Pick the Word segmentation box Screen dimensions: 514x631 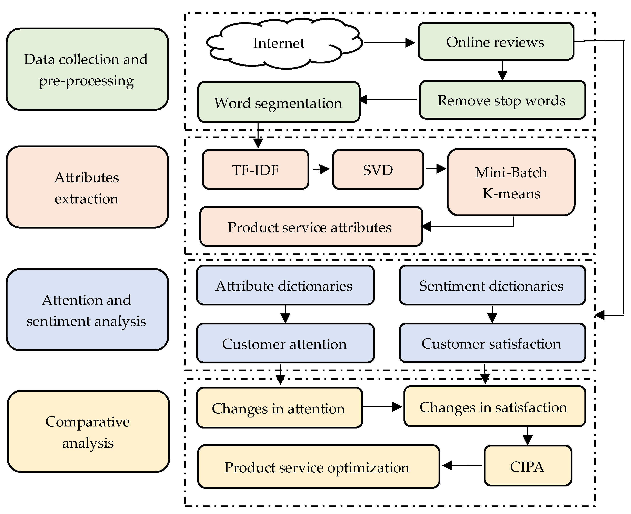278,102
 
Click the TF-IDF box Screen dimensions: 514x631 256,170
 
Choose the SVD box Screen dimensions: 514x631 378,170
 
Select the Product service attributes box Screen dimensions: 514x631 311,227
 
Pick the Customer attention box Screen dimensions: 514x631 285,343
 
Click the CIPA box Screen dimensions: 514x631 527,466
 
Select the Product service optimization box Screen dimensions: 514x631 318,467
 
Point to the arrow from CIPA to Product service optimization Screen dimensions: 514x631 462,465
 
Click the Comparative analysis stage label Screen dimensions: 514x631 88,432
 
